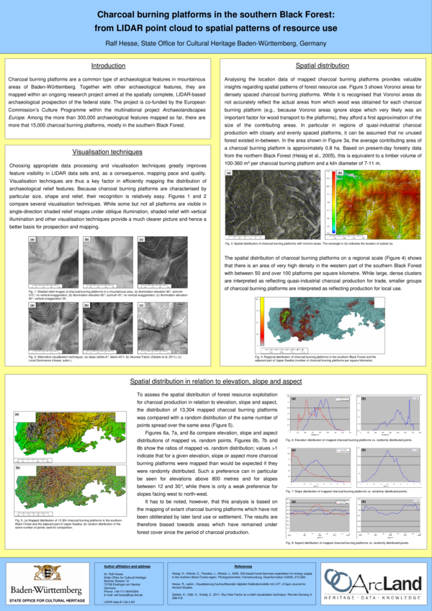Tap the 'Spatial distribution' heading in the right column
pos(323,65)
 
